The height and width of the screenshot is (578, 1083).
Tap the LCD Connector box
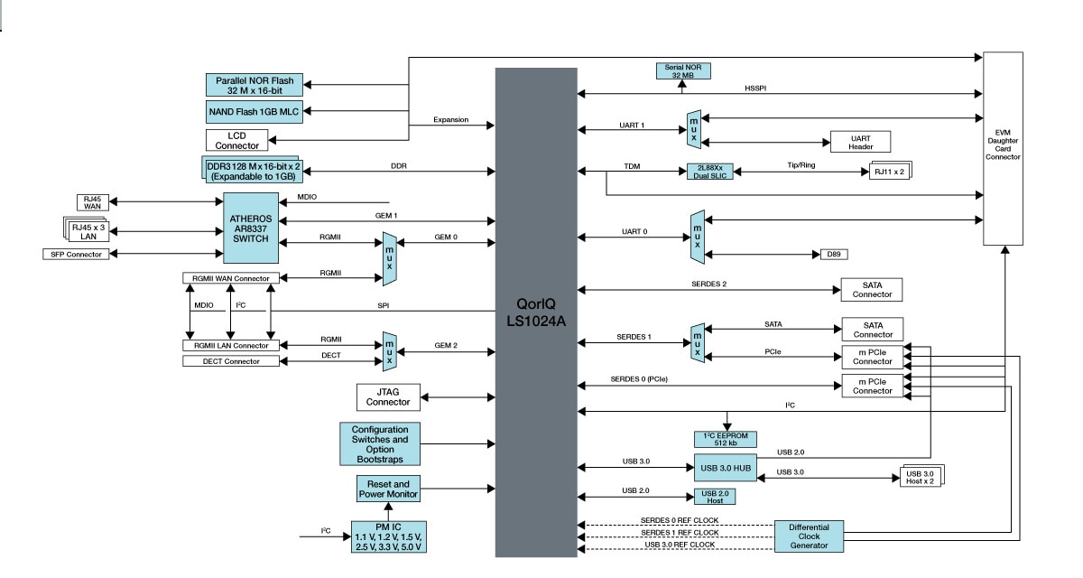coord(237,140)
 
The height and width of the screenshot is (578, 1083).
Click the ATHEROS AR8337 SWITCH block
coord(251,228)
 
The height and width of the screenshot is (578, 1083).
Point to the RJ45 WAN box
coord(92,203)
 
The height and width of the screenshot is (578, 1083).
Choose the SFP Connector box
coord(73,255)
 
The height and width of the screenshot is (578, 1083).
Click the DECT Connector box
coord(229,361)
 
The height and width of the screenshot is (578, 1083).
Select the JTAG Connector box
coord(388,396)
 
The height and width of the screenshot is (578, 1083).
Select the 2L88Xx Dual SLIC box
coord(711,172)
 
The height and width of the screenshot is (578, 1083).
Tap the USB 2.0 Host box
coord(714,496)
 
